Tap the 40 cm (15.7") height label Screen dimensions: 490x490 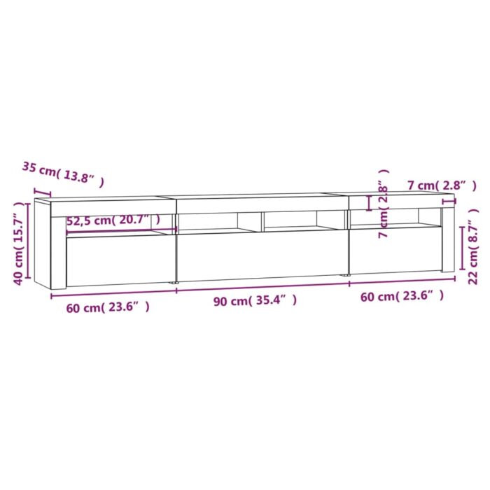coord(20,242)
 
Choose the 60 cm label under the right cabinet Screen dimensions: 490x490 coord(402,296)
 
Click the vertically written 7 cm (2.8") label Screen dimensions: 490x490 coord(383,203)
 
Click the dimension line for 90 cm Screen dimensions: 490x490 coord(262,288)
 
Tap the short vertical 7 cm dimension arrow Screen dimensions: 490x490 coord(371,202)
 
